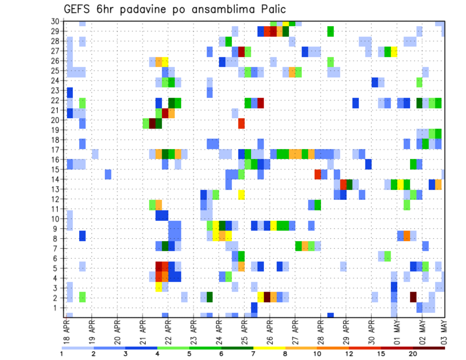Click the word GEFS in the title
pos(79,9)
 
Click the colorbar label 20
pos(413,354)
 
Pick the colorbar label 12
pos(349,354)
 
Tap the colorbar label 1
pos(62,354)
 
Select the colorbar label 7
pos(253,354)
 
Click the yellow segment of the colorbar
pos(269,348)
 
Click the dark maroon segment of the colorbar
pos(429,348)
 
